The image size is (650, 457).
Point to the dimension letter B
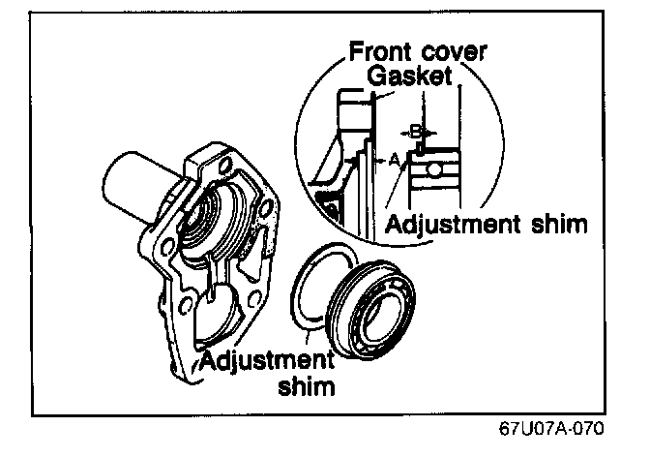coord(417,128)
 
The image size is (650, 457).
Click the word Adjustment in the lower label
coord(263,363)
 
